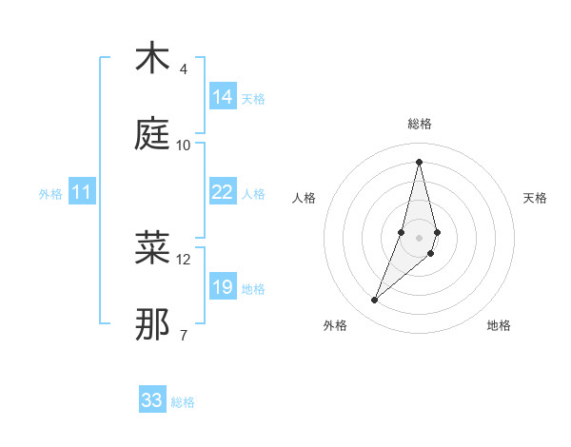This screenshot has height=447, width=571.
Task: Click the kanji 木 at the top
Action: [152, 58]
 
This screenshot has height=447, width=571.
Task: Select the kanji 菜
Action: [152, 248]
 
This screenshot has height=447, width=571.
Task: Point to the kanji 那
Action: [152, 324]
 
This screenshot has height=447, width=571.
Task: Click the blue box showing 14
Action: [223, 97]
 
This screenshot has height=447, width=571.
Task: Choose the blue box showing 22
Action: [223, 192]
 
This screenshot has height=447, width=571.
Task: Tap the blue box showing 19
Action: [223, 287]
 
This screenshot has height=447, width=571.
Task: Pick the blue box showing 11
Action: [82, 192]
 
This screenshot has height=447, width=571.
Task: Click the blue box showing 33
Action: [152, 400]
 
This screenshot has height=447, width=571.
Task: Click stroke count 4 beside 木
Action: [184, 69]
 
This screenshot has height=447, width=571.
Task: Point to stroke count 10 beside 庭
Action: [184, 146]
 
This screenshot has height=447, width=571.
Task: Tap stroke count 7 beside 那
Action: [184, 336]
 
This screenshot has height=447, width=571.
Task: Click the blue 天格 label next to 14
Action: [253, 99]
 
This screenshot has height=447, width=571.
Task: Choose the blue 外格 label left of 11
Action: [50, 194]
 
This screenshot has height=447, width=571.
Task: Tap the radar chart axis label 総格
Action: [420, 124]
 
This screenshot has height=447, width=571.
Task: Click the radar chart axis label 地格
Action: [499, 325]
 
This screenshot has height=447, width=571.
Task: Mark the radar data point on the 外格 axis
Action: [375, 301]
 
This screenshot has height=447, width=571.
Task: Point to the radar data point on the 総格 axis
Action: [420, 162]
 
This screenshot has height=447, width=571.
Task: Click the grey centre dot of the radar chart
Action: [420, 237]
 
